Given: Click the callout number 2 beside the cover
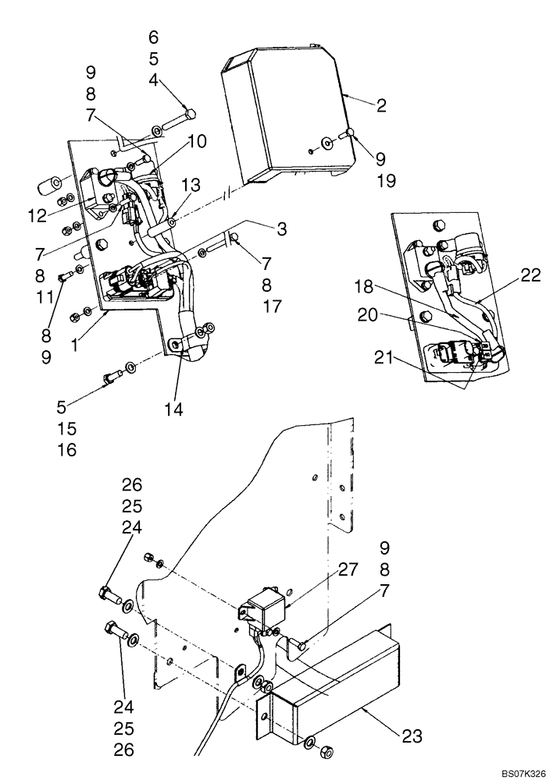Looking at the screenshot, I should pos(381,106).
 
